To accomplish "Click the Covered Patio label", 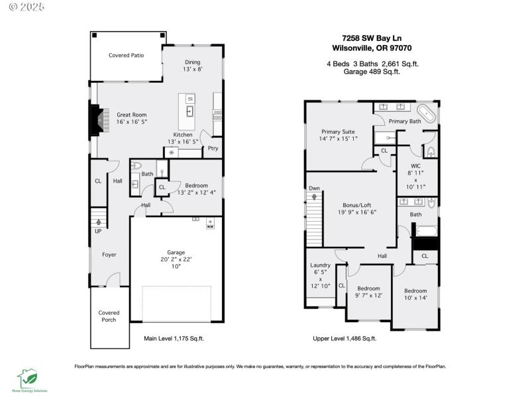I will (x=126, y=56).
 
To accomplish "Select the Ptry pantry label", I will (x=213, y=148).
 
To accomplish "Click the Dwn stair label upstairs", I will (x=314, y=189).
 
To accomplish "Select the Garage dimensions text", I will (x=176, y=263).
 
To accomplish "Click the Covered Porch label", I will (x=109, y=316).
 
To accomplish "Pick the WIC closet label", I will (x=415, y=165).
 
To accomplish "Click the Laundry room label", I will (x=320, y=265).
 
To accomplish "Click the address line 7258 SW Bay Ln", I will (x=372, y=38).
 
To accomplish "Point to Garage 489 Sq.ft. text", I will (x=372, y=71).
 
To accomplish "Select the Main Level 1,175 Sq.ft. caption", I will (x=174, y=338).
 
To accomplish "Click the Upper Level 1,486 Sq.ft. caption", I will (x=344, y=338).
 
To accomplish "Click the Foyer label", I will (x=109, y=255).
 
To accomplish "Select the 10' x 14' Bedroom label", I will (x=415, y=294).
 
